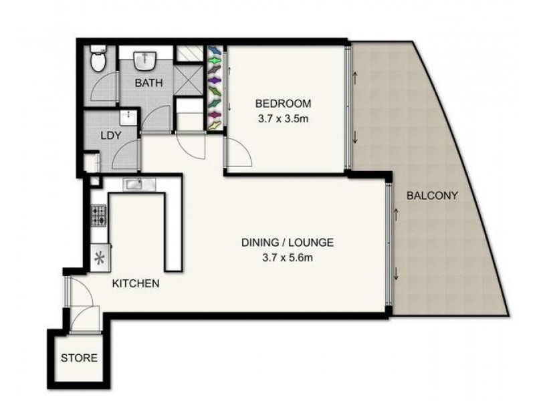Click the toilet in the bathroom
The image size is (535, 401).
pyautogui.click(x=98, y=61)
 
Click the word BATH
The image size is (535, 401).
pyautogui.click(x=147, y=84)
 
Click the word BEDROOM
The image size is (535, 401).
pyautogui.click(x=284, y=104)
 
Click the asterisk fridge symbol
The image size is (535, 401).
pyautogui.click(x=100, y=257)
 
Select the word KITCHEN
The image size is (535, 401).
pyautogui.click(x=135, y=283)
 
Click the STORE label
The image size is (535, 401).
pyautogui.click(x=79, y=358)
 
